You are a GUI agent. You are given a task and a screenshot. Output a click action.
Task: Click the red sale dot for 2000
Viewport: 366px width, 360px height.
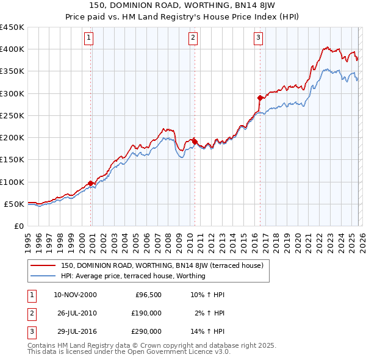pos(91,183)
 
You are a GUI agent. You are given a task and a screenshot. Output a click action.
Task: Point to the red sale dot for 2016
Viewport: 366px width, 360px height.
pos(260,98)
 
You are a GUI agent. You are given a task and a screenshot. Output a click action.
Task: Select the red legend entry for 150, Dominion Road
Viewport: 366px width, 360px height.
pos(162,265)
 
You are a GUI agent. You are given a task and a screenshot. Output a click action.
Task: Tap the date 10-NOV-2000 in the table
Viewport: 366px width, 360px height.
pos(75,295)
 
